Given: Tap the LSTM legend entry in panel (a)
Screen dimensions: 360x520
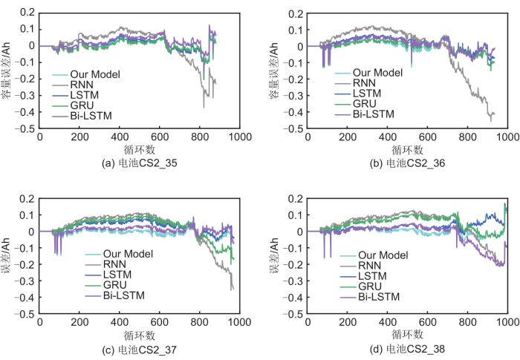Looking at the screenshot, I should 84,96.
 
